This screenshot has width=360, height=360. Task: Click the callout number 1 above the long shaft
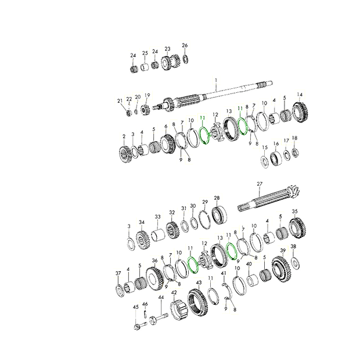pos(215,80)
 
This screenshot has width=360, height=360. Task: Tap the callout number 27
pos(260,184)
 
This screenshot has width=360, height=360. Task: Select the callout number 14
pos(300,95)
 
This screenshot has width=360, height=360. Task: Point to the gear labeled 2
pos(125,154)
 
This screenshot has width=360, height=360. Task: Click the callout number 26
pos(185,45)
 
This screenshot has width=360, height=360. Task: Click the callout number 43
pos(199,282)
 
